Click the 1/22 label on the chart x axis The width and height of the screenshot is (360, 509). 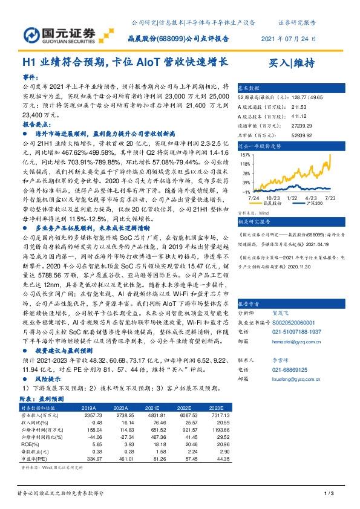point(291,198)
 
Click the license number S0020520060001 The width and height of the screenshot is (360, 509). point(296,323)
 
